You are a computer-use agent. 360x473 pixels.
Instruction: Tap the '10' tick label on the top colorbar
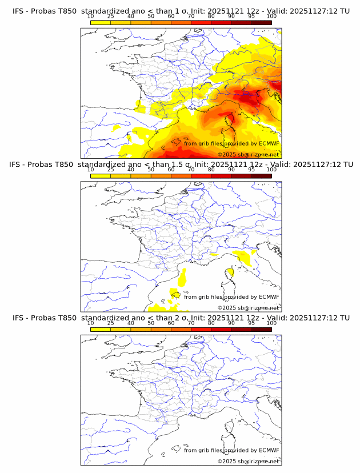click(90, 16)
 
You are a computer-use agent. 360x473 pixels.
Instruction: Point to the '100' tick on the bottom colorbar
click(271, 323)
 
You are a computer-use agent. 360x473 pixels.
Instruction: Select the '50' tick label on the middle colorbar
click(151, 170)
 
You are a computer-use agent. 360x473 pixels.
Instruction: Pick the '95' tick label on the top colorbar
click(251, 16)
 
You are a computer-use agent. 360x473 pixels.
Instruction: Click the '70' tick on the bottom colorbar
click(191, 323)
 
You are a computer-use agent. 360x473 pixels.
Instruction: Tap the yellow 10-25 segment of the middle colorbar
click(101, 176)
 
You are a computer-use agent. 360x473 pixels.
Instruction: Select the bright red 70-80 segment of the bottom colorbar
click(201, 330)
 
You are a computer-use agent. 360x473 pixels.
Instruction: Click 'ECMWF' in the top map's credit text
click(269, 144)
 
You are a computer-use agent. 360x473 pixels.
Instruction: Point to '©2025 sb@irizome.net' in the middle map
click(248, 307)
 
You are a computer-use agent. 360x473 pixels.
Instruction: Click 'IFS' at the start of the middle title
click(19, 165)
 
